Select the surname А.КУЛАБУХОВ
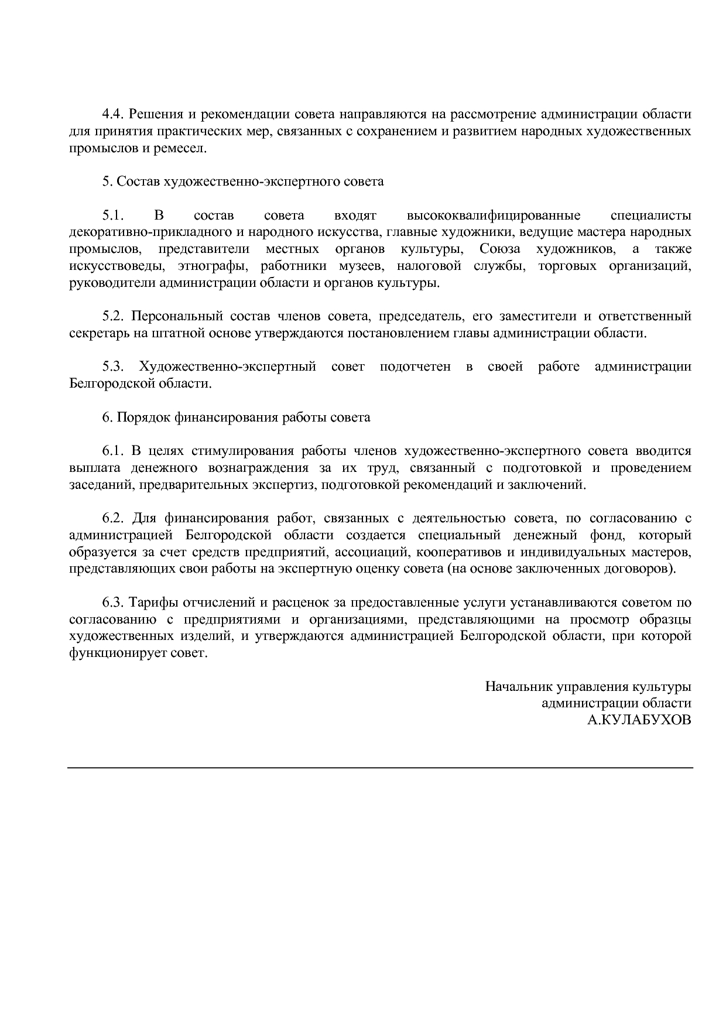tap(639, 720)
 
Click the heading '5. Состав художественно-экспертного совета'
tap(243, 182)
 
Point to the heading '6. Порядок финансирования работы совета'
tap(236, 417)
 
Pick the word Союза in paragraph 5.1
tap(499, 249)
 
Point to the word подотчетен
tap(415, 367)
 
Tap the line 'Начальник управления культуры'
tap(588, 686)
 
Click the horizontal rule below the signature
tap(380, 767)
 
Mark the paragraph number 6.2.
tap(113, 518)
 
